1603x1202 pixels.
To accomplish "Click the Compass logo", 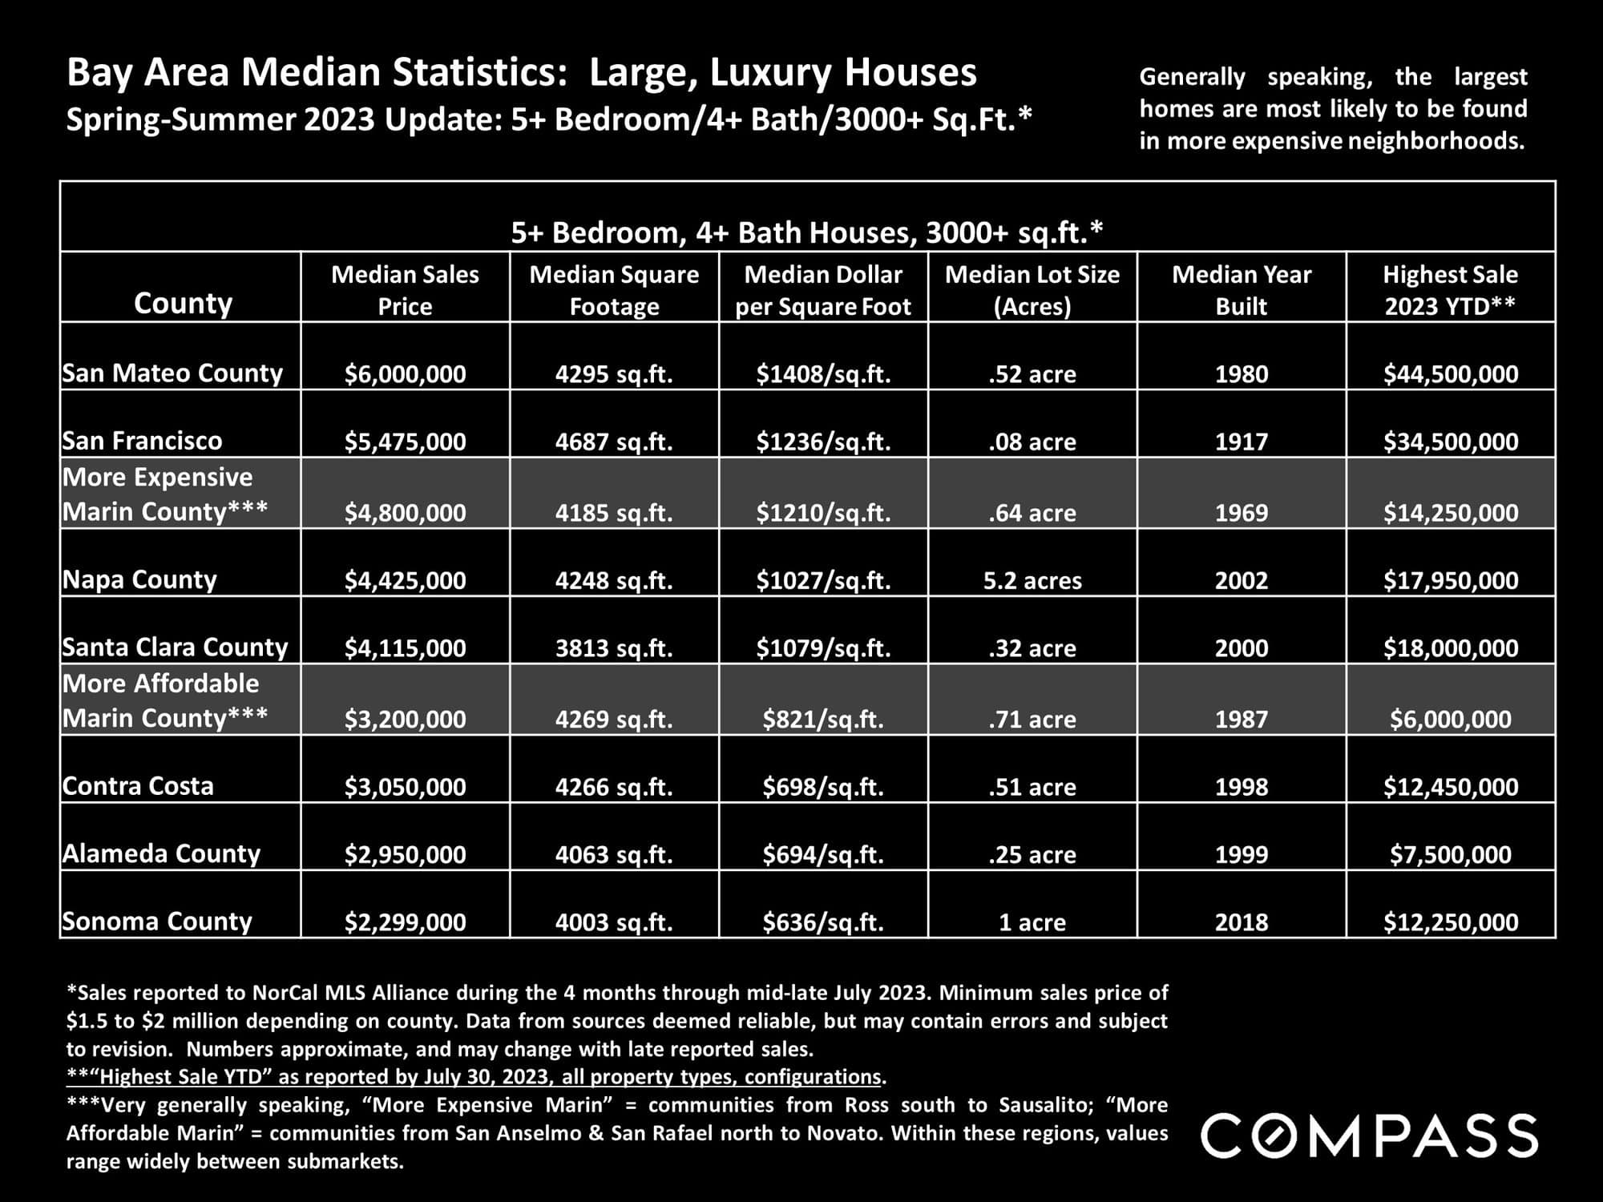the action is (1369, 1135).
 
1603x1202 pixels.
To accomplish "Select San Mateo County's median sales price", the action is (405, 374).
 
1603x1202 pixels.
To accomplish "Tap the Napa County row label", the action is (139, 579).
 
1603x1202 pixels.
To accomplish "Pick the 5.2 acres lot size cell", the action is (1032, 580).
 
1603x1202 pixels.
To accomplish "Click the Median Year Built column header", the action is (1242, 290).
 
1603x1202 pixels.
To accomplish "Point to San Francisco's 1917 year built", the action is (1242, 442).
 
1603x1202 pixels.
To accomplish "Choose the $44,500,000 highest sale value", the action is (1451, 374).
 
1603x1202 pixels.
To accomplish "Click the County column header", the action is (183, 303).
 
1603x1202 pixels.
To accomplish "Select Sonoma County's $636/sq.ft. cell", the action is (823, 922).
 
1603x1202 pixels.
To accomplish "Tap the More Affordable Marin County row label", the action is (165, 700).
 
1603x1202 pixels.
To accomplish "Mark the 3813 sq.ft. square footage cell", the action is (614, 647).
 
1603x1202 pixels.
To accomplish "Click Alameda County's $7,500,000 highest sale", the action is (1451, 854).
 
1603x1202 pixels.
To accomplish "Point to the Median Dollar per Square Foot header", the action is (823, 290).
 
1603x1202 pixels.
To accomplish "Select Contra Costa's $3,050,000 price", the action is (405, 787).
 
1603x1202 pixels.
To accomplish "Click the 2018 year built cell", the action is (1242, 922).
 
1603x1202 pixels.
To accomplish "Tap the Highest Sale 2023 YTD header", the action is (1451, 290).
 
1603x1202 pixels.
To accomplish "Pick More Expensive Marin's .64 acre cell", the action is (1032, 513).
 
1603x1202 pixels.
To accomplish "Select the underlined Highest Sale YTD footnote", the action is (476, 1077).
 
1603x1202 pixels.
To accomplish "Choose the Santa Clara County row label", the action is (175, 647).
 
